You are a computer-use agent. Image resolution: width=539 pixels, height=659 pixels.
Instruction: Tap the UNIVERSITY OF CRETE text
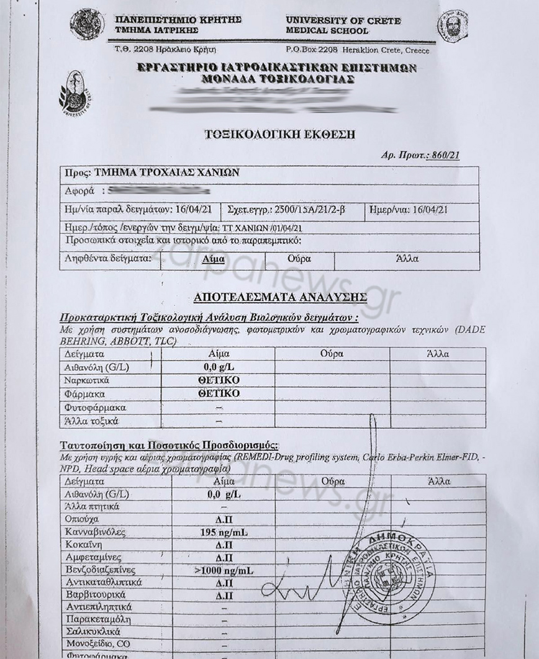(343, 20)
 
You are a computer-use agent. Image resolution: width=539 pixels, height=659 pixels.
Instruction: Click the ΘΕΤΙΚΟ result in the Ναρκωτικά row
(219, 380)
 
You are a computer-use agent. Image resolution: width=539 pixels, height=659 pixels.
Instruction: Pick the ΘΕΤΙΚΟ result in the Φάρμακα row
(219, 393)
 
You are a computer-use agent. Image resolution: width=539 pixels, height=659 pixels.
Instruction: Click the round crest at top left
(87, 25)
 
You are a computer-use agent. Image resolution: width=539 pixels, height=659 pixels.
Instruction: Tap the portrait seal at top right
(453, 26)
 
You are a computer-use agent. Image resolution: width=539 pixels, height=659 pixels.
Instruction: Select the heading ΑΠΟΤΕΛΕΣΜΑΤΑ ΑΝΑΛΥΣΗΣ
(280, 298)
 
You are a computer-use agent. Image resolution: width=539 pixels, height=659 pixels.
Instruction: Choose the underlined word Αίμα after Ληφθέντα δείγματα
(214, 259)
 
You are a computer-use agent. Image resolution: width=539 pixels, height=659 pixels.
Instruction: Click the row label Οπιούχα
(81, 519)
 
